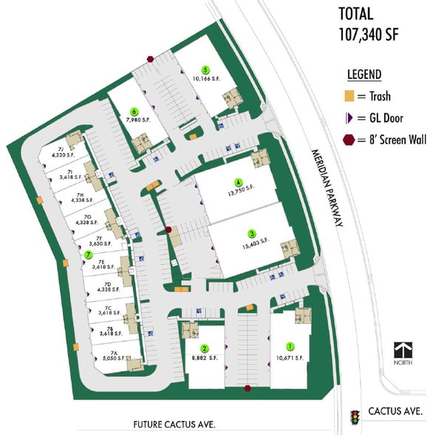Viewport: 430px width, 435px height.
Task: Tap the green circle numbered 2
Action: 205,348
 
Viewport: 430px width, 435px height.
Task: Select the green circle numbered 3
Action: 252,232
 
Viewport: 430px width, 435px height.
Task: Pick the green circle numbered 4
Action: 238,182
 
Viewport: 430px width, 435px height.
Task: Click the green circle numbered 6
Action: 135,105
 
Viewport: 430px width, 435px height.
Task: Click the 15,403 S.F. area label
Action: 254,242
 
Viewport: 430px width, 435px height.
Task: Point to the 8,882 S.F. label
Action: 205,357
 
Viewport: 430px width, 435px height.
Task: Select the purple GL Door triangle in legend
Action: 348,118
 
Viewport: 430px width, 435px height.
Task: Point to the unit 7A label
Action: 115,353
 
